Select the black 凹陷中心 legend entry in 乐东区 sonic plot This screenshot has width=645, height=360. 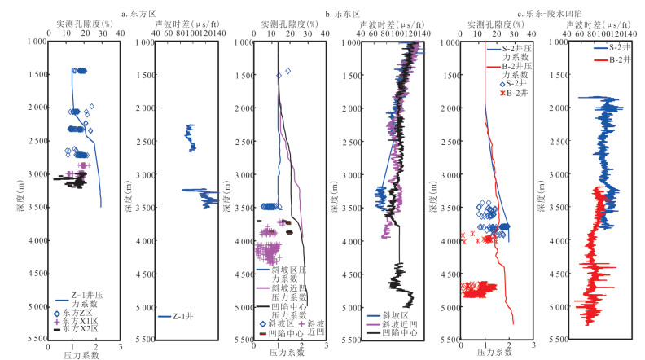click(x=391, y=332)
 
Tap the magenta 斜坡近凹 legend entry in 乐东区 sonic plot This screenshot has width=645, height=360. click(x=391, y=323)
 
